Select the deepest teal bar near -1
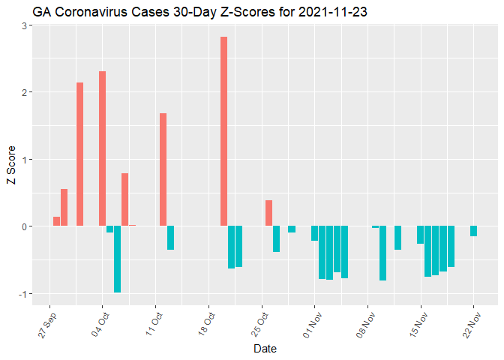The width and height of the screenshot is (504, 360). pyautogui.click(x=118, y=259)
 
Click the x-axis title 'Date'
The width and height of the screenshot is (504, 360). pyautogui.click(x=265, y=349)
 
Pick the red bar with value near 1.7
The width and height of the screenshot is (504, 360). pyautogui.click(x=163, y=169)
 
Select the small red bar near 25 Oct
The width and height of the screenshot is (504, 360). pyautogui.click(x=268, y=213)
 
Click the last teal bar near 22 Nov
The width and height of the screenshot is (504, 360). pyautogui.click(x=473, y=231)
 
